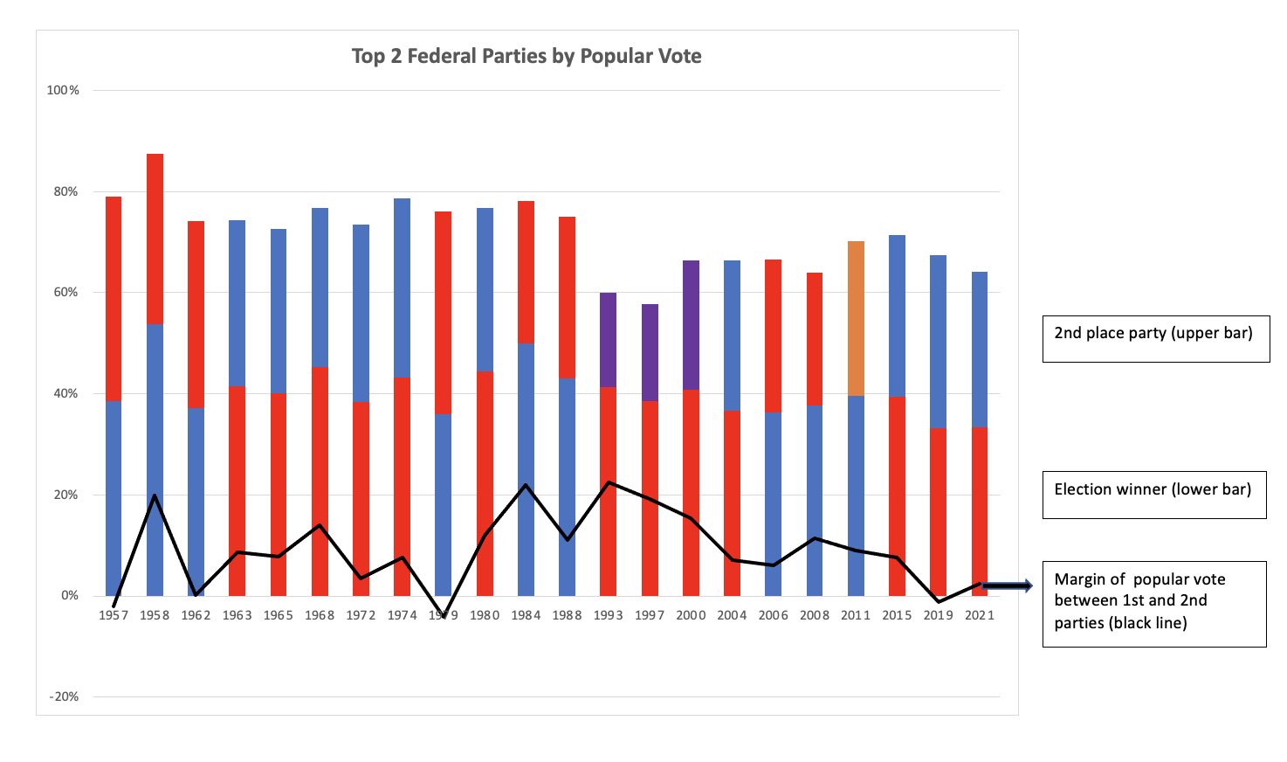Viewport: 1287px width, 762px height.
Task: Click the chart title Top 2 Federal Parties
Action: point(526,57)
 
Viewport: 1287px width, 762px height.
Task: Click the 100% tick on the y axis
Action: point(63,90)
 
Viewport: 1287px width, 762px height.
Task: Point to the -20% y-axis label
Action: point(63,696)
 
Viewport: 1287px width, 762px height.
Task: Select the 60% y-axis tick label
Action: point(65,293)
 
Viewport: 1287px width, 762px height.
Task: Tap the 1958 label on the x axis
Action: point(155,615)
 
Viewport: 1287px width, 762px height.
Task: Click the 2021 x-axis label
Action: point(979,615)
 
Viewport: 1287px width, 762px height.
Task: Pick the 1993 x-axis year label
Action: point(608,615)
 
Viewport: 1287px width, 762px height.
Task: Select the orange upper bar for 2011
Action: point(856,318)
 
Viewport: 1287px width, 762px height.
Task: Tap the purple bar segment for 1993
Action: point(608,340)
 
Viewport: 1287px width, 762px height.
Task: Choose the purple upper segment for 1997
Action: point(650,352)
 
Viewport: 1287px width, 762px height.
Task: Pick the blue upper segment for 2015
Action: point(897,315)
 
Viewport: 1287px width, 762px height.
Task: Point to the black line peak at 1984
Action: point(526,484)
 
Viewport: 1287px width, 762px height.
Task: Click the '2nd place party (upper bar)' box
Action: point(1155,339)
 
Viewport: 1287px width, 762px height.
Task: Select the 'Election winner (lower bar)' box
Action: point(1153,495)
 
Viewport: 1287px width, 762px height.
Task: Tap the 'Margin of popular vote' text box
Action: point(1153,604)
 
